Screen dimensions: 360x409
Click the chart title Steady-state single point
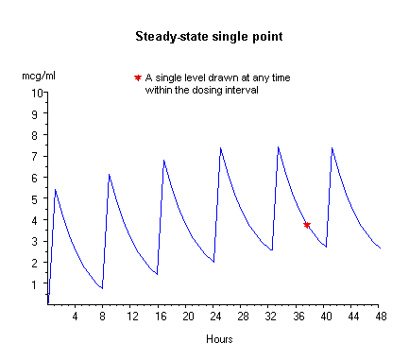click(x=204, y=37)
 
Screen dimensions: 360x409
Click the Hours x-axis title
click(x=218, y=338)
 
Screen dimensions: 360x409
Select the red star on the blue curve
click(x=307, y=225)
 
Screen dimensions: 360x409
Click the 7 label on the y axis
click(x=40, y=157)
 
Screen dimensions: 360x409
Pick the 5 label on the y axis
click(x=40, y=199)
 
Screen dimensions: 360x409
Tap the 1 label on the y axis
click(x=40, y=284)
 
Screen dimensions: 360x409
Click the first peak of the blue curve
click(x=56, y=190)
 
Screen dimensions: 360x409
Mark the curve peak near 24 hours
click(x=220, y=148)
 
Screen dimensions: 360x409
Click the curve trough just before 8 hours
click(x=102, y=288)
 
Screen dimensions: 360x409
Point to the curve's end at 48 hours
click(x=380, y=248)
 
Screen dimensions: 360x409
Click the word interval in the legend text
click(x=242, y=91)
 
